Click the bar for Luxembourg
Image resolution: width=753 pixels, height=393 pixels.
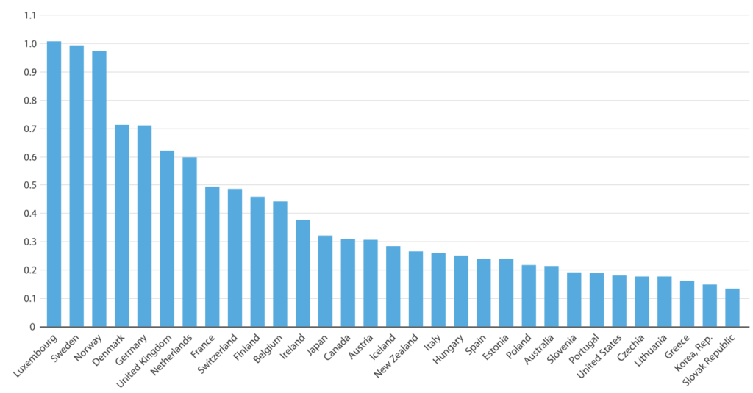point(54,184)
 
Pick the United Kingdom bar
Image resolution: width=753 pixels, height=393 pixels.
point(167,239)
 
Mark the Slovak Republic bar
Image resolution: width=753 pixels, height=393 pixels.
point(732,308)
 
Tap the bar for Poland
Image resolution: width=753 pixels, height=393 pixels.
point(529,296)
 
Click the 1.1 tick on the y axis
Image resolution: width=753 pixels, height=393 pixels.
point(29,15)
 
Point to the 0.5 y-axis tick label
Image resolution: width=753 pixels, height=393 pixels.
point(29,185)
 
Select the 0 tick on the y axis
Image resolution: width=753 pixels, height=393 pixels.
point(32,327)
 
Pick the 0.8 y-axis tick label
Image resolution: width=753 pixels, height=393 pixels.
point(29,101)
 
